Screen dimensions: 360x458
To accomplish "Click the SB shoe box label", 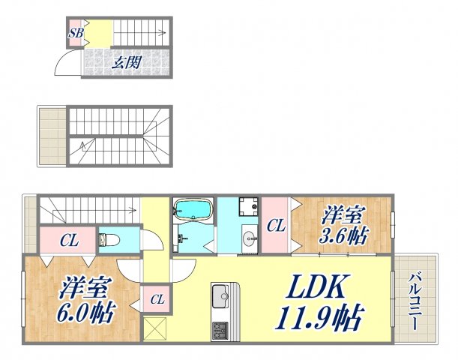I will pyautogui.click(x=76, y=33).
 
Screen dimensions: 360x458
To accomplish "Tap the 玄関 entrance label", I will pyautogui.click(x=127, y=62).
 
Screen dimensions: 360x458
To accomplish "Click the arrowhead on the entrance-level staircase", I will pyautogui.click(x=163, y=32).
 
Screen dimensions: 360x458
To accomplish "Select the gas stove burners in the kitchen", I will pyautogui.click(x=221, y=328).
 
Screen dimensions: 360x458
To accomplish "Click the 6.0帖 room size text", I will pyautogui.click(x=88, y=310).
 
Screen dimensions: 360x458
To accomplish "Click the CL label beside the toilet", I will pyautogui.click(x=70, y=241).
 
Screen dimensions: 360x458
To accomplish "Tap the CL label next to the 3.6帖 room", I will pyautogui.click(x=275, y=224).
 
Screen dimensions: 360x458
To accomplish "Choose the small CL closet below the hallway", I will pyautogui.click(x=157, y=299).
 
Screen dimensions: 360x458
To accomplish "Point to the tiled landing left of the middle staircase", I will pyautogui.click(x=52, y=136).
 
